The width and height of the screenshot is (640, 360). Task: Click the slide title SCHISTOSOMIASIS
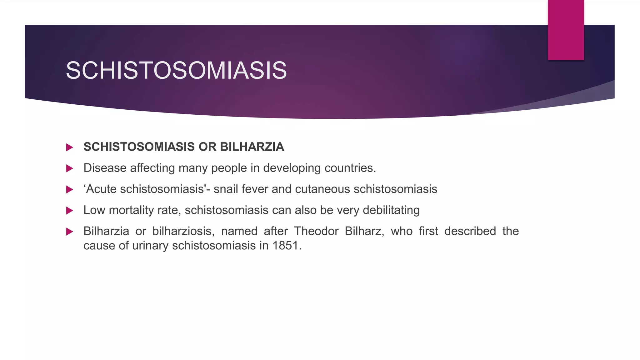click(176, 70)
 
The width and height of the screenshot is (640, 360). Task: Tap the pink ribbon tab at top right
click(566, 30)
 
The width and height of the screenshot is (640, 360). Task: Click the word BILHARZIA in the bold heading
click(252, 147)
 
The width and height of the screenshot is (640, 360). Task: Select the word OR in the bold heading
click(207, 147)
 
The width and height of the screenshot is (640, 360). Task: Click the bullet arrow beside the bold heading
click(70, 147)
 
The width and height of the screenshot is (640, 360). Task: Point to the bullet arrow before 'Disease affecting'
click(70, 168)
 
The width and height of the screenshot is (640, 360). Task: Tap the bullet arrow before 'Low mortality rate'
click(70, 211)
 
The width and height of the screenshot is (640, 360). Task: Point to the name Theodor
click(316, 231)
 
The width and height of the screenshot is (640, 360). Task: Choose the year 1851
click(287, 246)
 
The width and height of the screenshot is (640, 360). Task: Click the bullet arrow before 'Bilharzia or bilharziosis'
click(70, 232)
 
